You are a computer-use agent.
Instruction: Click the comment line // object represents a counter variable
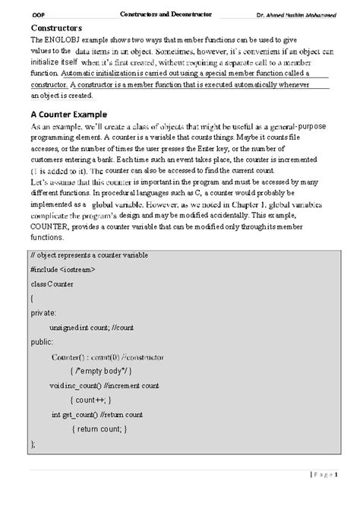pyautogui.click(x=90, y=254)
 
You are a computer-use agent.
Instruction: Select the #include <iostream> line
pyautogui.click(x=63, y=269)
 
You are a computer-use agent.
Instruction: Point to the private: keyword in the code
pyautogui.click(x=43, y=312)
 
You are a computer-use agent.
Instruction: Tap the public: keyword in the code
pyautogui.click(x=43, y=341)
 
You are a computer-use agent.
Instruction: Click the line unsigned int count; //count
pyautogui.click(x=91, y=327)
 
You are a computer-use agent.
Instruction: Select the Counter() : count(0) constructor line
pyautogui.click(x=107, y=356)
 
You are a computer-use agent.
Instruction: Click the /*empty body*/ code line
pyautogui.click(x=100, y=371)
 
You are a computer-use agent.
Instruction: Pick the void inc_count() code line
pyautogui.click(x=104, y=385)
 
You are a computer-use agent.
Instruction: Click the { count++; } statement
pyautogui.click(x=90, y=400)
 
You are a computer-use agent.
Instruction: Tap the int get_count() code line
pyautogui.click(x=96, y=414)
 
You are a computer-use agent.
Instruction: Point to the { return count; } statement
pyautogui.click(x=99, y=428)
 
